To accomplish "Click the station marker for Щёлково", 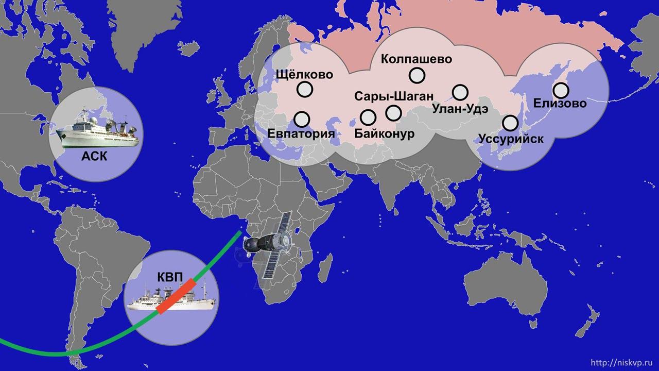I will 305,90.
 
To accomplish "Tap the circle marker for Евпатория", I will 302,119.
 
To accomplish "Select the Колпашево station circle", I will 417,76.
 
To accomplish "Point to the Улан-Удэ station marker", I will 460,93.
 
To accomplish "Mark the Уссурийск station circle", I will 510,123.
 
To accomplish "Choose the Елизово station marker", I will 561,91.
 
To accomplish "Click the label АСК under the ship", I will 95,156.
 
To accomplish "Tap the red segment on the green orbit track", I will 176,297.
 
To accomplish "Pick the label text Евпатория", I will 302,134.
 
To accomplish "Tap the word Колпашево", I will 417,59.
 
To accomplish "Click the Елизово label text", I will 560,104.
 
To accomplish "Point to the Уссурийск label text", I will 511,139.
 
